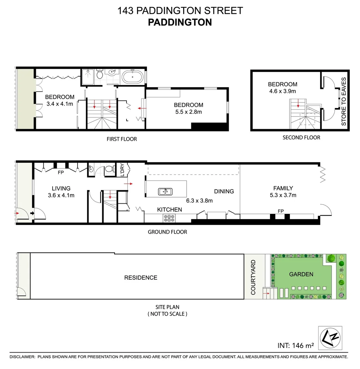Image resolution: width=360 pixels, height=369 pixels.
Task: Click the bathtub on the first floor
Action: (x=133, y=77)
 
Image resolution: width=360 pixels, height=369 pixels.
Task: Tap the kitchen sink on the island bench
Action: (x=165, y=192)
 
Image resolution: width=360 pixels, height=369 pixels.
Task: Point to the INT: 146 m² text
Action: (x=296, y=346)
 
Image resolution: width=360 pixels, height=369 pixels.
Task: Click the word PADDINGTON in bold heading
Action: (x=180, y=22)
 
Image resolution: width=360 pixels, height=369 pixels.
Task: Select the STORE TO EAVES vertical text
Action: (x=344, y=101)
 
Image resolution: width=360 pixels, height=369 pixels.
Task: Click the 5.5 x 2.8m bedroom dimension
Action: (x=188, y=112)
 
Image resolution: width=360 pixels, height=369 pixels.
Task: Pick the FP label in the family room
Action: (x=281, y=210)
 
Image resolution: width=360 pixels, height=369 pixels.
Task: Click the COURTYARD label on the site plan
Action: (x=253, y=277)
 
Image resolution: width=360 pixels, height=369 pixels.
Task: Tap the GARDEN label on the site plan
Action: (x=301, y=274)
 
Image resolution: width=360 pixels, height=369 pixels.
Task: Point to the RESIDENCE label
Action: (x=141, y=277)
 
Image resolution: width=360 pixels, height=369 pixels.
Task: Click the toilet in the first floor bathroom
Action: (x=100, y=74)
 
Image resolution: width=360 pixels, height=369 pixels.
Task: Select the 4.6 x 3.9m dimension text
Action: (x=282, y=91)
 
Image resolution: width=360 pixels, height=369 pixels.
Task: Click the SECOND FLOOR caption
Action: (x=301, y=137)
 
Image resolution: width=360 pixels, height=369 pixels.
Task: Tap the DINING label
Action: (x=224, y=191)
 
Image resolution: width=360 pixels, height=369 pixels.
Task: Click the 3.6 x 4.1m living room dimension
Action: (x=61, y=195)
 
